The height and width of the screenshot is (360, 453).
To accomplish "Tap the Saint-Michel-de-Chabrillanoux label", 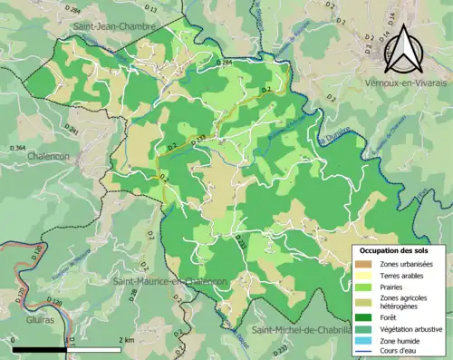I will coord(303,328).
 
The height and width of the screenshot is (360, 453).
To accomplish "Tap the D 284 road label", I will coord(226,62).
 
